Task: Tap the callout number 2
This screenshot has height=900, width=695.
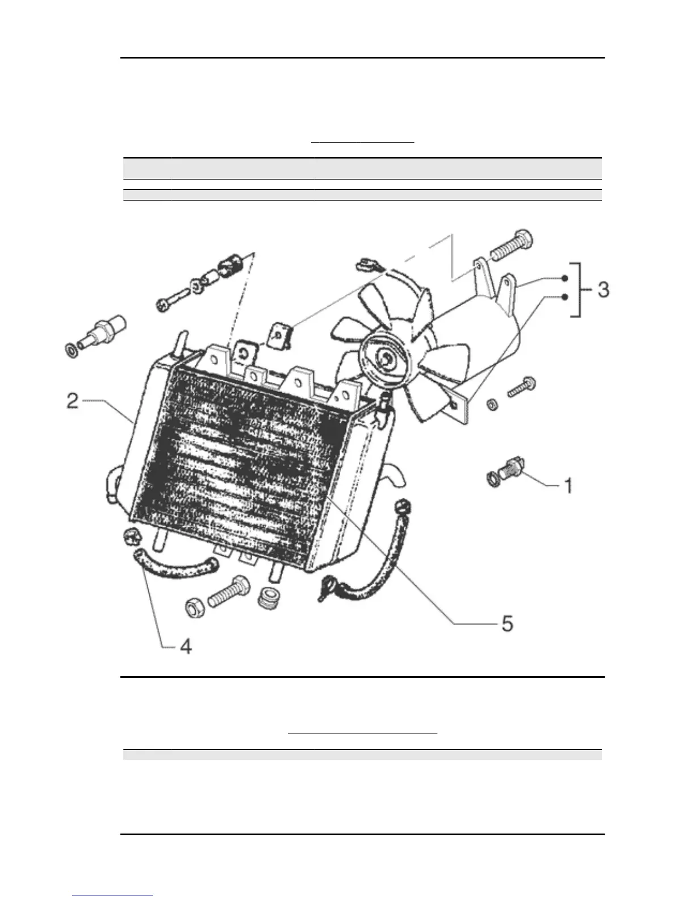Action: (x=72, y=401)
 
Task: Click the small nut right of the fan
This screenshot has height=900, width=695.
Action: (x=492, y=405)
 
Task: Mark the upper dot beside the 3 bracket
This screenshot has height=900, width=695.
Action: (x=564, y=278)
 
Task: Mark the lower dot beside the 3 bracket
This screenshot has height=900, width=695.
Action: (x=564, y=297)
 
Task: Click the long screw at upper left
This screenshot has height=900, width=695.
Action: (x=173, y=295)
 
